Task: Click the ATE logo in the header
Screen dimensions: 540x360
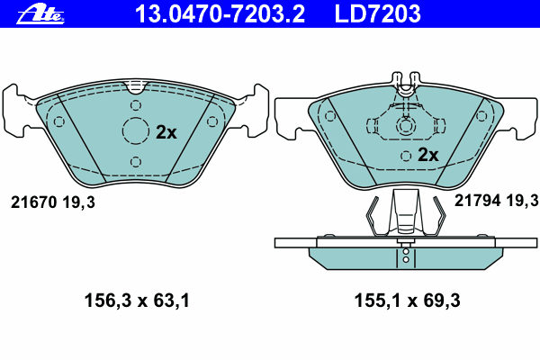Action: coord(40,14)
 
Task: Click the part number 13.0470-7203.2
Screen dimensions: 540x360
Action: coord(220,13)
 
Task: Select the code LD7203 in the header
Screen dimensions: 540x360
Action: coord(377,13)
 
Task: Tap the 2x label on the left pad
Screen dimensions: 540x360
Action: coord(166,132)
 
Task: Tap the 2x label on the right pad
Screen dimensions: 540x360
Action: coord(428,155)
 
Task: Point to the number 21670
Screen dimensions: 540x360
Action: coord(33,202)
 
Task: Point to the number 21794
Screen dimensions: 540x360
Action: coord(477,200)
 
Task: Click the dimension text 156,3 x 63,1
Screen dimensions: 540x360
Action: coord(137,301)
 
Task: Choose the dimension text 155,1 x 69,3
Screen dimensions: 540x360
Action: coord(407,301)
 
